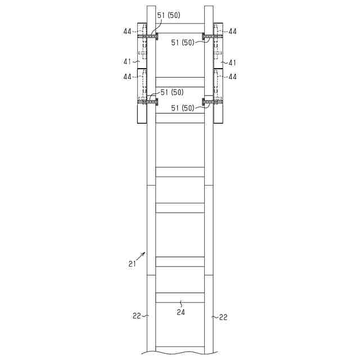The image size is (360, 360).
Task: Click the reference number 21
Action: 132,264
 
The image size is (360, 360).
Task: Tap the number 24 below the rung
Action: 181,312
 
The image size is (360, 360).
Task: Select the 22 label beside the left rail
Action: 137,316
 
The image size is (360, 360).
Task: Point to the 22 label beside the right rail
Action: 223,317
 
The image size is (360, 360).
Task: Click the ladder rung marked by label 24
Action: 180,298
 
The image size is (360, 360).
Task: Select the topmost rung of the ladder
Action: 180,28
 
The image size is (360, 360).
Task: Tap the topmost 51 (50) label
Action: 169,15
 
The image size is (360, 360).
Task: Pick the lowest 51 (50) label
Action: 183,108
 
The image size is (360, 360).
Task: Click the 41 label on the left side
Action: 127,61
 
